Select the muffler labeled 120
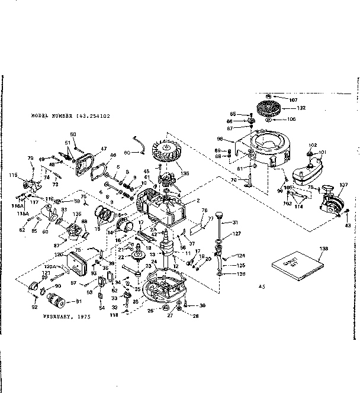pos(78,263)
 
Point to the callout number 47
pos(104,149)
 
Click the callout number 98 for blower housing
pos(221,139)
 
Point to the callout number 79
pos(30,158)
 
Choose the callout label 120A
pos(50,267)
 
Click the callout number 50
pos(73,134)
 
